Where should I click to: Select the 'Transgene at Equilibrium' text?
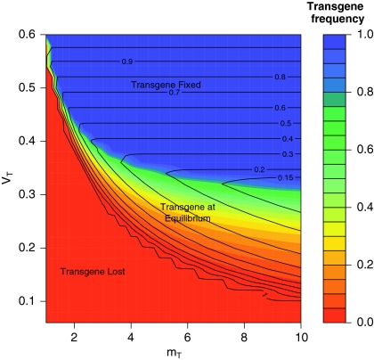(x=186, y=212)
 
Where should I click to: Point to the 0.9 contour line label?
(x=127, y=61)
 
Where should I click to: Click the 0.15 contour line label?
(x=260, y=177)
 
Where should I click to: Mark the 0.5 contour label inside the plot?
(x=261, y=123)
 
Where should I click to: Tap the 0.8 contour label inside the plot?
(x=256, y=78)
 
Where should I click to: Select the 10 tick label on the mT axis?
(x=301, y=336)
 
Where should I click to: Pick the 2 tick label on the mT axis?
(x=74, y=336)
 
